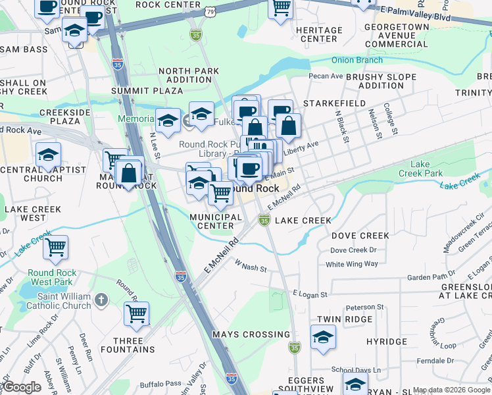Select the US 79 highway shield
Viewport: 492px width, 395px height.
(x=209, y=12)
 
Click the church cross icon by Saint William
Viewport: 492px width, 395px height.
(x=100, y=300)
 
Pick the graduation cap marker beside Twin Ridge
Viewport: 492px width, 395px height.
(x=323, y=338)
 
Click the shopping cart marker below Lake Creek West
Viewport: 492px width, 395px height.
(x=56, y=248)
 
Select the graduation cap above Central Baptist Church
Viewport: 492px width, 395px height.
(x=48, y=155)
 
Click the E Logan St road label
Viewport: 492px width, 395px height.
(x=308, y=292)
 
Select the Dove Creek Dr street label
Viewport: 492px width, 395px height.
(x=353, y=250)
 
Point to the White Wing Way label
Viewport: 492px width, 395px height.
(x=352, y=264)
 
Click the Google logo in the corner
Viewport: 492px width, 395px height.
(x=22, y=387)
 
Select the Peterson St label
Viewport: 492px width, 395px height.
(x=365, y=307)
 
